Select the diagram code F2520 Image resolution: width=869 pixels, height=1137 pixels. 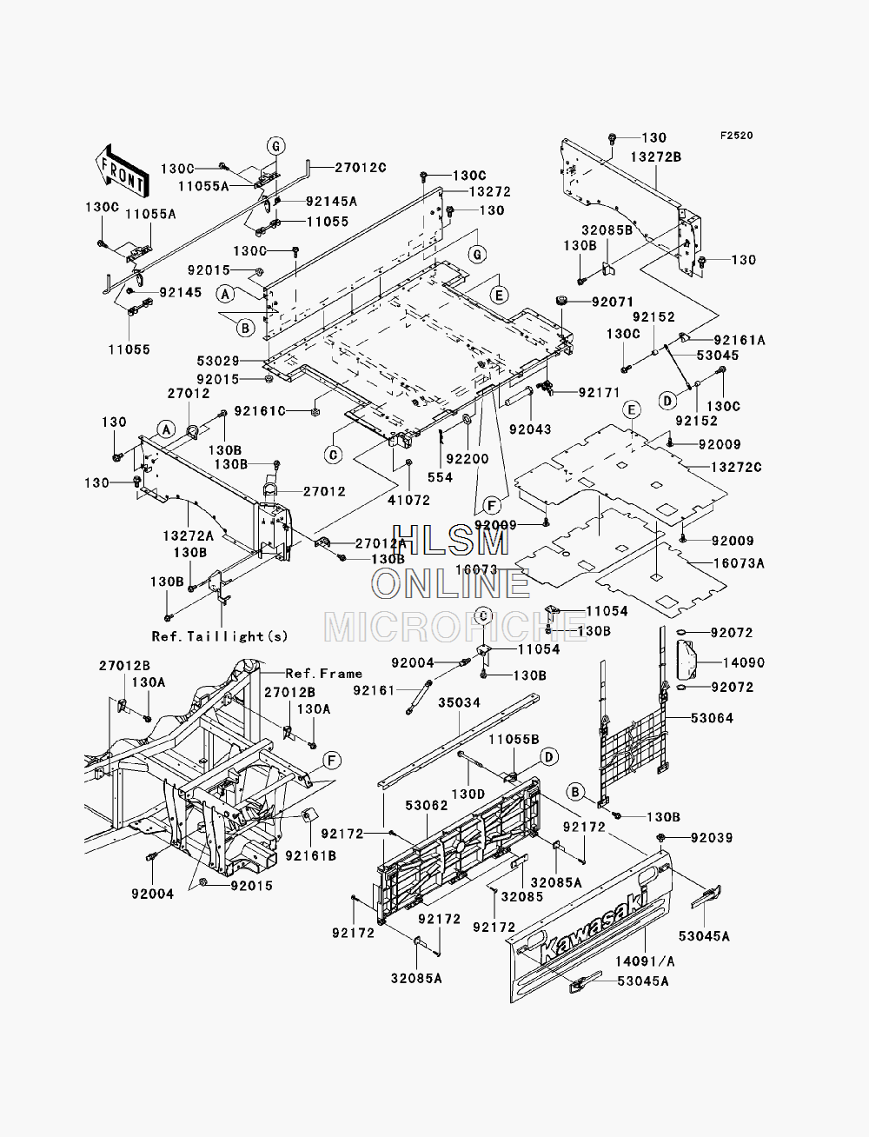pyautogui.click(x=736, y=136)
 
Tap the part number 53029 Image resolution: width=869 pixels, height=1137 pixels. pyautogui.click(x=218, y=361)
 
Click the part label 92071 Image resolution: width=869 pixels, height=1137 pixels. pyautogui.click(x=613, y=302)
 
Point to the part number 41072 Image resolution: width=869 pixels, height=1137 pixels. pyautogui.click(x=409, y=500)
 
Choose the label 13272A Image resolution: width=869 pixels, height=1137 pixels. pyautogui.click(x=188, y=536)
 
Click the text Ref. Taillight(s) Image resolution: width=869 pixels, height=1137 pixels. pyautogui.click(x=220, y=636)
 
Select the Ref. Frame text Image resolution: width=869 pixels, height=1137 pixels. pyautogui.click(x=323, y=674)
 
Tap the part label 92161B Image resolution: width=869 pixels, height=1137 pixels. pyautogui.click(x=311, y=855)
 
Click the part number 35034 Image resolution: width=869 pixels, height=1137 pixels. pyautogui.click(x=460, y=702)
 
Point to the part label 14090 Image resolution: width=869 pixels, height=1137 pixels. pyautogui.click(x=744, y=662)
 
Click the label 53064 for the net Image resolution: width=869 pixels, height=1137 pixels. pyautogui.click(x=712, y=718)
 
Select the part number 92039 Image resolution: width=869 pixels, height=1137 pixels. pyautogui.click(x=712, y=838)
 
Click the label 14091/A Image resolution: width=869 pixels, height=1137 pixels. pyautogui.click(x=646, y=961)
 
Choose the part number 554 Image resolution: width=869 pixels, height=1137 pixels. pyautogui.click(x=441, y=477)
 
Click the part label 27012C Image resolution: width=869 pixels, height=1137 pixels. pyautogui.click(x=361, y=167)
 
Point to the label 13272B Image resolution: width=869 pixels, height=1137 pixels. pyautogui.click(x=655, y=156)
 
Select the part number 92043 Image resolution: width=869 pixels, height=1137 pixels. pyautogui.click(x=530, y=429)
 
